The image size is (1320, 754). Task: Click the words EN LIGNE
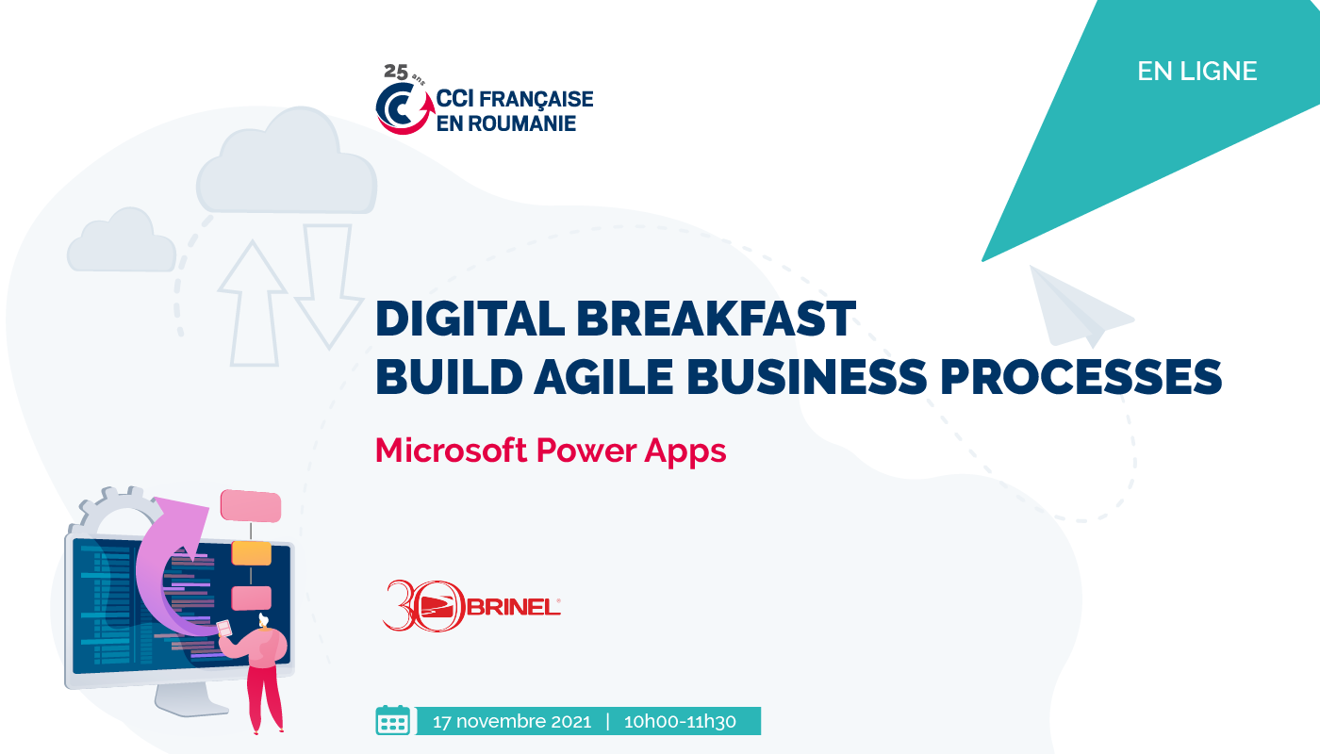[1196, 72]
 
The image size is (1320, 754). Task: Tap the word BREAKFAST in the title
[716, 319]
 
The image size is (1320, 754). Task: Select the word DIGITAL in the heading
[470, 319]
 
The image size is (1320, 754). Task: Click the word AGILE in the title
[603, 377]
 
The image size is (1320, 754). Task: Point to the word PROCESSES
[1081, 377]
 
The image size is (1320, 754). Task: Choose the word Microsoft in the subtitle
[451, 451]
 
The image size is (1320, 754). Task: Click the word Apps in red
[685, 452]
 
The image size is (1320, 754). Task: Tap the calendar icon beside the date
[392, 720]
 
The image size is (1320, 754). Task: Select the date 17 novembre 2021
[511, 722]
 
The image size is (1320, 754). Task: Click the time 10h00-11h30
[680, 722]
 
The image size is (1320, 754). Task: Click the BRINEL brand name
[514, 607]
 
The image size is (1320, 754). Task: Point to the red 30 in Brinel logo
[424, 605]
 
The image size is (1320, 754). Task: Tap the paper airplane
[1081, 307]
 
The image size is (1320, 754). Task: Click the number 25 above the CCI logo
[395, 72]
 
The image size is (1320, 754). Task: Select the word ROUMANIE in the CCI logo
[520, 123]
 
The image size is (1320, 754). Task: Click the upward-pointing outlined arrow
[254, 303]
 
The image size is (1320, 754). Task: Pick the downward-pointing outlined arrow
[329, 286]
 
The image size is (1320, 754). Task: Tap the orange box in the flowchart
[252, 553]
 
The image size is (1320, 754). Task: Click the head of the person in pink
[263, 620]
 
